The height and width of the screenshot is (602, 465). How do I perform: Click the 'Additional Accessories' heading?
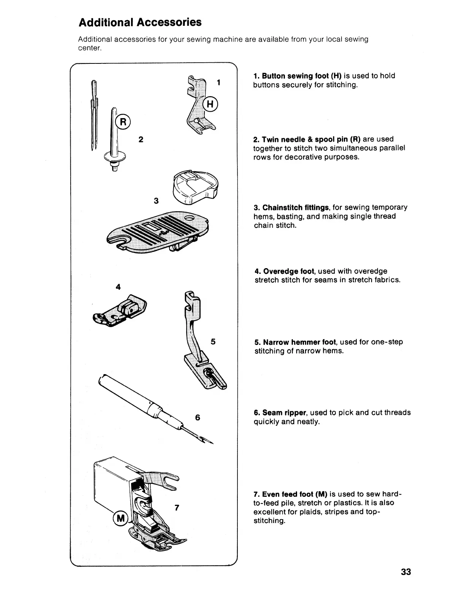pos(140,22)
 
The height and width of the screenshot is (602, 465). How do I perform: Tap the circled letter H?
pos(211,104)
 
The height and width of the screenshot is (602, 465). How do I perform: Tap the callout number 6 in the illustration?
pos(197,417)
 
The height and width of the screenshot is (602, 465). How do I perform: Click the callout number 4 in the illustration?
pos(118,287)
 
